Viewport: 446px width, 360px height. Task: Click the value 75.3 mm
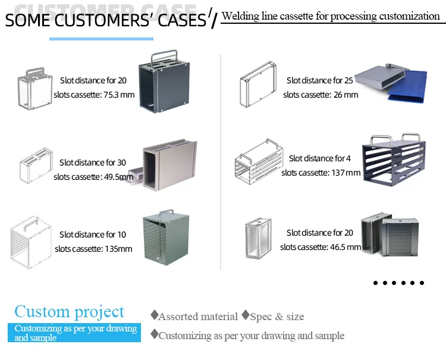tap(120, 95)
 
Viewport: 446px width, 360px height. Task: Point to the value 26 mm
tap(345, 95)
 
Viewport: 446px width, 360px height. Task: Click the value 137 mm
tap(346, 173)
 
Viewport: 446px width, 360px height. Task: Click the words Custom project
tap(70, 311)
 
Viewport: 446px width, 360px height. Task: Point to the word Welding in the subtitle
tap(239, 16)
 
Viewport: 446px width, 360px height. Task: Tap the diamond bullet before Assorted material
tap(154, 315)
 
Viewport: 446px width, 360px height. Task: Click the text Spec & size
tap(277, 317)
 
